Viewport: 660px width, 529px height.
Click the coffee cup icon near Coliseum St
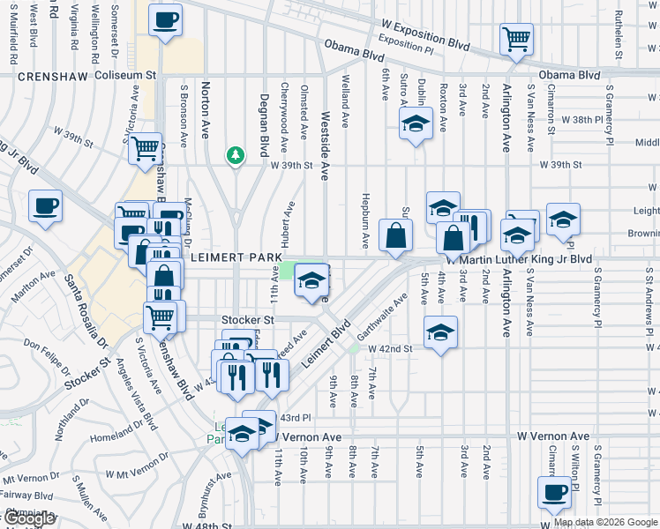(165, 19)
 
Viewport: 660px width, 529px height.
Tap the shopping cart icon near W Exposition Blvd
(516, 39)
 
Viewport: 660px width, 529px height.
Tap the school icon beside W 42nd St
(440, 332)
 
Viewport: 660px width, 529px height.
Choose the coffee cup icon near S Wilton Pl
(554, 492)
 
